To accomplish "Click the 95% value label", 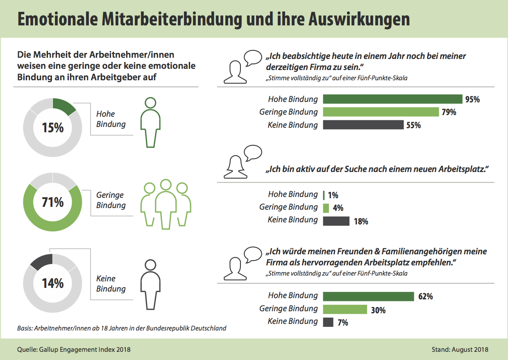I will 472,99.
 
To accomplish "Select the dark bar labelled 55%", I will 363,125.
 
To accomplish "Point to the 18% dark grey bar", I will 336,221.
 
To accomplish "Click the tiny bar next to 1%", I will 324,195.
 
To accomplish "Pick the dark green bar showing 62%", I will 368,296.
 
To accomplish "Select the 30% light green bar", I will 345,310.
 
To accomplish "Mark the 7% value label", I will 343,323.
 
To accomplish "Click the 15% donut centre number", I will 53,127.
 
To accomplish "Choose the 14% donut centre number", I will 53,283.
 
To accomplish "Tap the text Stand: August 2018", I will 460,350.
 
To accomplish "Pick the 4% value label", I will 338,208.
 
